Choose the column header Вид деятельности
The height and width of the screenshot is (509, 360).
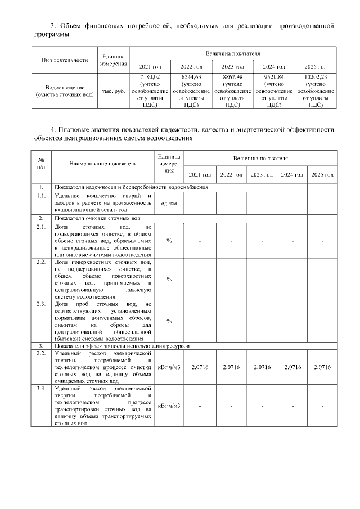pos(65,60)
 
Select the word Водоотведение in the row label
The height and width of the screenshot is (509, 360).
pos(65,87)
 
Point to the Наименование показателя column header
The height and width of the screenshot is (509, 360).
pos(103,164)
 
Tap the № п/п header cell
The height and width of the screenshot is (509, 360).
pos(41,164)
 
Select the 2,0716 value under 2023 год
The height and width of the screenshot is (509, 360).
pos(262,367)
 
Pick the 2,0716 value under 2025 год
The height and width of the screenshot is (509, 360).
pos(322,367)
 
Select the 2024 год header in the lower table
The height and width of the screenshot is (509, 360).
pos(292,174)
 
